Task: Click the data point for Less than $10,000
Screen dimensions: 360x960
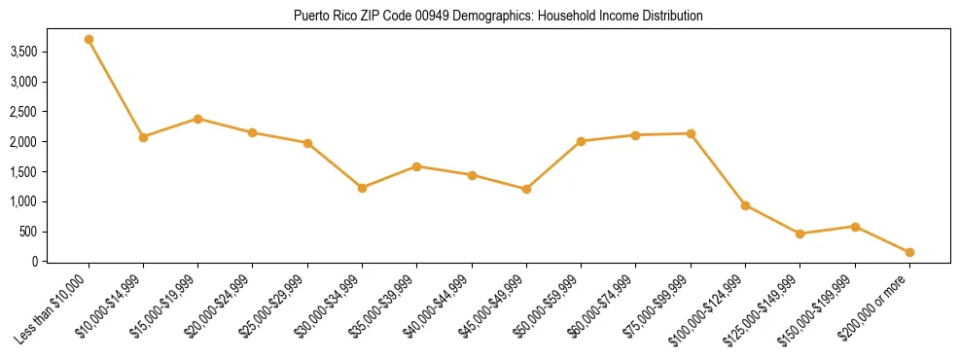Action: coord(89,40)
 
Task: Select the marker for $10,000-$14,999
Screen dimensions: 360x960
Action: coord(143,137)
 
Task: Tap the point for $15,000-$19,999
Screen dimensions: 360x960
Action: coord(197,119)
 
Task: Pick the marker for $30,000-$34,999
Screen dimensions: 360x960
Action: coord(362,188)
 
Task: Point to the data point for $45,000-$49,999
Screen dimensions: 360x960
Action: coord(526,189)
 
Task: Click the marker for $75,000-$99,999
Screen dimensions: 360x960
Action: coord(691,133)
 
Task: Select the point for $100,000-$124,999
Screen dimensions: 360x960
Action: coord(745,205)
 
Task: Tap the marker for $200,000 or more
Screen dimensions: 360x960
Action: coord(909,252)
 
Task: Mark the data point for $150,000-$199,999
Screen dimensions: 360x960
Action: coord(855,227)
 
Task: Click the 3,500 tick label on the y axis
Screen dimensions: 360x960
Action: coord(51,52)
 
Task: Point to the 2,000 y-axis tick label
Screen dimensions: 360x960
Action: coord(51,142)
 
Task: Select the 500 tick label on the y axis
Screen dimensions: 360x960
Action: coord(55,232)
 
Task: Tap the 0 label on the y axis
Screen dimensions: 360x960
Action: coord(63,262)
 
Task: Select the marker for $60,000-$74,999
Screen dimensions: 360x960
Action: coord(635,135)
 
